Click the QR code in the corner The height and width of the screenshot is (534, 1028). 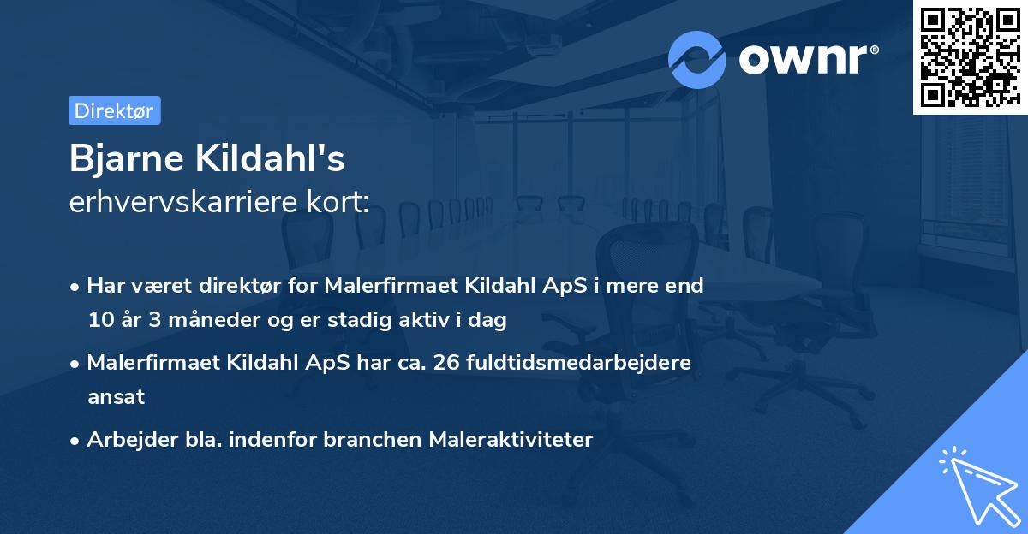pyautogui.click(x=970, y=56)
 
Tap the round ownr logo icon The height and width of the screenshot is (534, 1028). pyautogui.click(x=697, y=59)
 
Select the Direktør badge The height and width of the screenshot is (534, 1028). pyautogui.click(x=114, y=110)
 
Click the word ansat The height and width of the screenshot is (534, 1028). pyautogui.click(x=116, y=397)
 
